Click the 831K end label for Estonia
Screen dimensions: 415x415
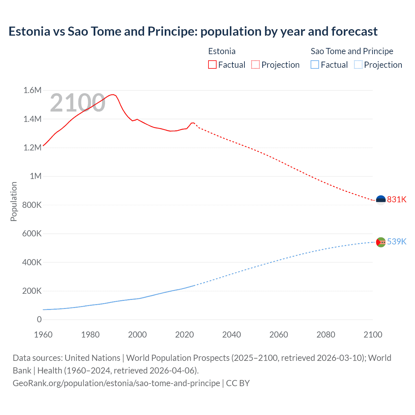tap(397, 199)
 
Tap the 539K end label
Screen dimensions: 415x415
tap(397, 242)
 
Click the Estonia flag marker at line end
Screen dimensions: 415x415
tap(381, 200)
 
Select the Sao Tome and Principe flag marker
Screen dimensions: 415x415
tap(381, 242)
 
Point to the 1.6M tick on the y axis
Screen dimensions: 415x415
tap(32, 90)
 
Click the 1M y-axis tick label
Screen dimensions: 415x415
tap(36, 176)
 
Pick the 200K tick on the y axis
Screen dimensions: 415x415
tap(32, 291)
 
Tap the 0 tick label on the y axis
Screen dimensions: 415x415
tap(39, 319)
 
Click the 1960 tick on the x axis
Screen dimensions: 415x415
tap(43, 335)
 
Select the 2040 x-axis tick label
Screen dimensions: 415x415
tap(231, 335)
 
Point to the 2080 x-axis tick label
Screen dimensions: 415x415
tap(326, 335)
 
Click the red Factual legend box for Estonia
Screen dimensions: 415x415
tap(212, 65)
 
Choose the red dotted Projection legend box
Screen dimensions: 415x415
tap(255, 65)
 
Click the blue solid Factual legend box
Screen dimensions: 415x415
tap(315, 65)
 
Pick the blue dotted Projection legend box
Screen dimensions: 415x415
tap(358, 65)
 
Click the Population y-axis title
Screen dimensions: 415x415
tap(14, 201)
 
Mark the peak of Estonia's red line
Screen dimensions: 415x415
tap(113, 95)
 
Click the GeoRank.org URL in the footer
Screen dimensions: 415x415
tap(116, 383)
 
